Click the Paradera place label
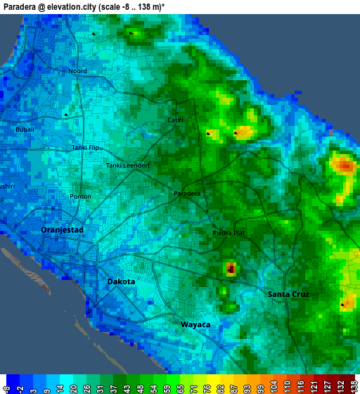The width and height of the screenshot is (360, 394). click(187, 193)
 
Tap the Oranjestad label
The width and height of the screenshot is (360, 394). click(63, 230)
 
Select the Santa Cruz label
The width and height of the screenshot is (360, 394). click(288, 293)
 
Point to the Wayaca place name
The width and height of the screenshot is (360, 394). click(195, 324)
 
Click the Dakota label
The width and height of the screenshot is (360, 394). click(121, 281)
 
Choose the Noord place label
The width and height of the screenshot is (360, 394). click(77, 71)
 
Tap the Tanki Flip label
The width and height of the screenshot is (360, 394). click(86, 148)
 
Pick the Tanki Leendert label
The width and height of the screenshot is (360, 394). click(128, 165)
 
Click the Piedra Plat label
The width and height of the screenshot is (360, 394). click(229, 232)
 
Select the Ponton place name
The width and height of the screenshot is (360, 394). click(80, 196)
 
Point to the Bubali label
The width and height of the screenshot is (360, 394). click(25, 129)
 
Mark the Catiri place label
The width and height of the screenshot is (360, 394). click(175, 120)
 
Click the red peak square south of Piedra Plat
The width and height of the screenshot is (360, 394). click(231, 268)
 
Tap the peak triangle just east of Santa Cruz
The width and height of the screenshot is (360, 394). click(343, 305)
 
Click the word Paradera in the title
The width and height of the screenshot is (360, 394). click(22, 6)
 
